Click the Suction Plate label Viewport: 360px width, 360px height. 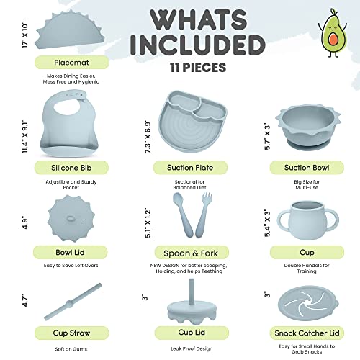(x=183, y=167)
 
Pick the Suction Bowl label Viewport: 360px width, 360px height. (x=306, y=167)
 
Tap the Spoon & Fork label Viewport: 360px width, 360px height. (x=183, y=253)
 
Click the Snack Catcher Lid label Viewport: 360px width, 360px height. (x=306, y=333)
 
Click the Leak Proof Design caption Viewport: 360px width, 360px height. (x=183, y=348)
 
